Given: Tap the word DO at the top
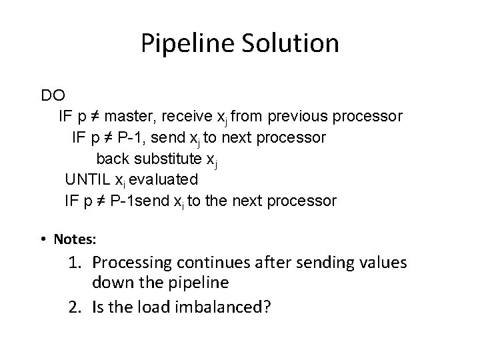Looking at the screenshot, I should click(x=53, y=95).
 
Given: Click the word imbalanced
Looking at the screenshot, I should click(x=224, y=308).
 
